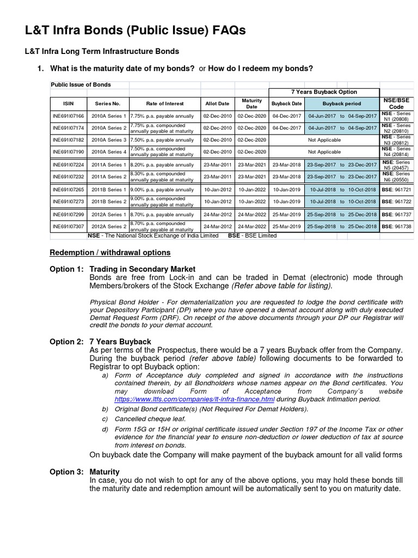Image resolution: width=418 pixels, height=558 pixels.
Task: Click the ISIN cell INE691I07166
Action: coord(68,116)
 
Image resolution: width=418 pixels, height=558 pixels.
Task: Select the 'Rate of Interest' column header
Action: coord(165,104)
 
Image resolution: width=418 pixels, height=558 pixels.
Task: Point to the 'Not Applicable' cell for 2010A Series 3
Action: coord(324,140)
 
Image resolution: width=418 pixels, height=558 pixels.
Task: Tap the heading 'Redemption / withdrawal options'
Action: coord(110,253)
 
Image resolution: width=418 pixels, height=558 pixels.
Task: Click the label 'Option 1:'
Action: coord(67,269)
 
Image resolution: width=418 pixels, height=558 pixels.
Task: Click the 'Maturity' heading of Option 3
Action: coord(104,472)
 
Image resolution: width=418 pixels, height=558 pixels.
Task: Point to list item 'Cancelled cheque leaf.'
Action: coord(150,419)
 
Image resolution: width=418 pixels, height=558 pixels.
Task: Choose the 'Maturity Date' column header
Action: coord(251,104)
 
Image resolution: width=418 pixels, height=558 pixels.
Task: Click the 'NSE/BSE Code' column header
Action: coord(396,104)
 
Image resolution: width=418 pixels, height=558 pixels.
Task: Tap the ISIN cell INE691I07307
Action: coord(68,227)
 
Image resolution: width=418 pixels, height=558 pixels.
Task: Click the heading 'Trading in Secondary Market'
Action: coord(142,269)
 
